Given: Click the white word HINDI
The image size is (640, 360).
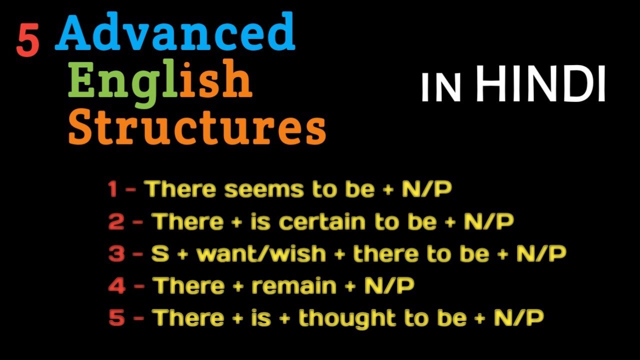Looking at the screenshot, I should coord(540,85).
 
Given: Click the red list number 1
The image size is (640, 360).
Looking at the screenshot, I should coord(112,190).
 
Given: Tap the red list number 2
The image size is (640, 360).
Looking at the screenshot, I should coord(116,222).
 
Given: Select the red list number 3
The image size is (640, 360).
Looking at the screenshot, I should coord(116,254).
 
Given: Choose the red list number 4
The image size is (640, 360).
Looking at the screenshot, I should coord(116,286).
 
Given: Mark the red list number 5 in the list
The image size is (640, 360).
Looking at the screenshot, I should coord(116,318).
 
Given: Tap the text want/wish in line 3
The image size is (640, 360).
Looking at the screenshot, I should coord(261,254).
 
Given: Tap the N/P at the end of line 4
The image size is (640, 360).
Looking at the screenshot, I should coord(389,286).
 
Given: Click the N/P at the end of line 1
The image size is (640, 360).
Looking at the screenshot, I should coord(426,190).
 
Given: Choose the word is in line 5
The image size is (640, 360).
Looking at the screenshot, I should coord(260,318).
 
